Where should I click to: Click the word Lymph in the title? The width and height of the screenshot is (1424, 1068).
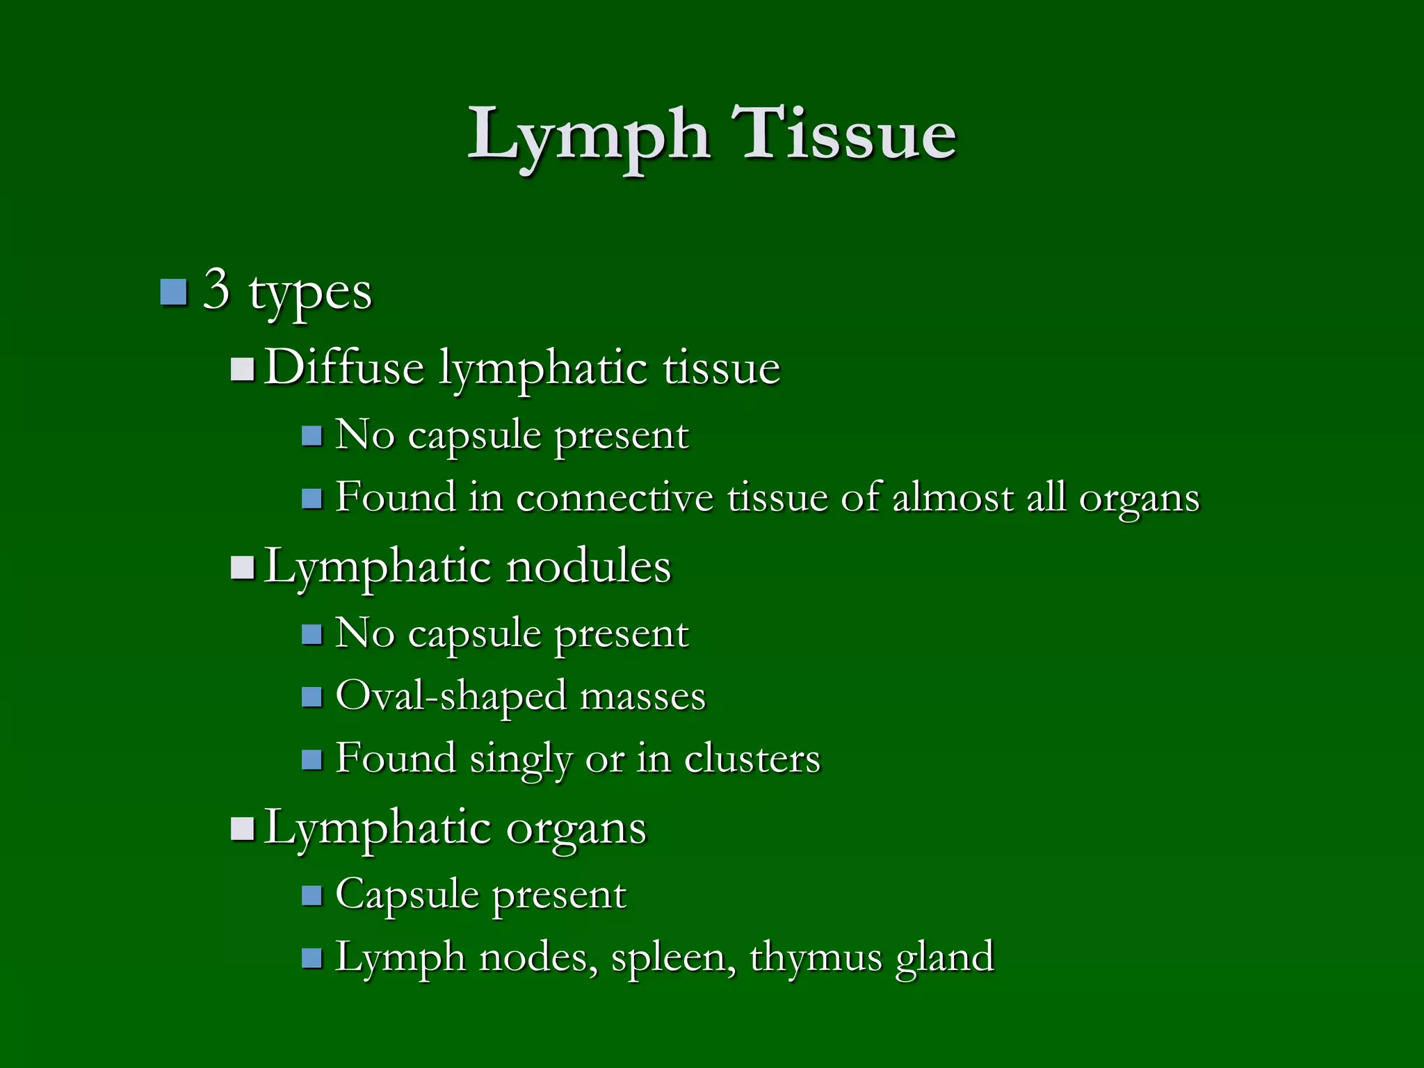coord(588,136)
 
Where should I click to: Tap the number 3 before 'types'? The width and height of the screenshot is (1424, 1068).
coord(216,289)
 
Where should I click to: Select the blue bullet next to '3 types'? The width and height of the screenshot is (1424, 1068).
coord(173,292)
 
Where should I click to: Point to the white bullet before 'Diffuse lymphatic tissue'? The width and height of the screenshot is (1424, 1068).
coord(242,369)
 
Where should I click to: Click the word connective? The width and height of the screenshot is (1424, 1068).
coord(615,498)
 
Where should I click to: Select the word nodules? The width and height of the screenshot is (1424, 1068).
coord(588,566)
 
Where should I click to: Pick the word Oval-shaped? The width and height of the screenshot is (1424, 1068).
coord(451,696)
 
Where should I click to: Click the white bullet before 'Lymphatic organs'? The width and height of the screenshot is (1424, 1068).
coord(242,829)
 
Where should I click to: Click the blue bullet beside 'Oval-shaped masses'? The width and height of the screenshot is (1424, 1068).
coord(312,697)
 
